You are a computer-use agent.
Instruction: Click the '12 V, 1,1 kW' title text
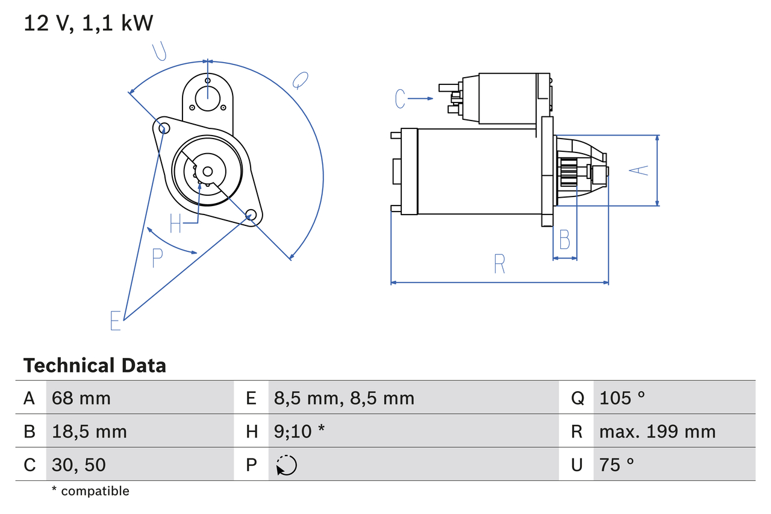tap(88, 24)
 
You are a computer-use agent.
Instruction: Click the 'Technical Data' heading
tap(95, 365)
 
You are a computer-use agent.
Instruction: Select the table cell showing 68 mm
tap(81, 398)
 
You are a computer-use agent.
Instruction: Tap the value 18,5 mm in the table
tap(89, 431)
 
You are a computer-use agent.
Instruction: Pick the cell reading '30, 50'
tap(79, 465)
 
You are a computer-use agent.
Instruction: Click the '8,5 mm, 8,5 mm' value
tap(344, 398)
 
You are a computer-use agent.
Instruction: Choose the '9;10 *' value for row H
tap(299, 431)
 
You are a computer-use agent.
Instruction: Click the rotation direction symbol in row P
tap(286, 465)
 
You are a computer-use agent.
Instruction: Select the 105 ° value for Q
tap(622, 398)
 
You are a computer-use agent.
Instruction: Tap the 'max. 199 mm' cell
tap(657, 431)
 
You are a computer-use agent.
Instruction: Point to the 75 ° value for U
tap(617, 465)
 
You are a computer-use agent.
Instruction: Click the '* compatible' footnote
tap(90, 491)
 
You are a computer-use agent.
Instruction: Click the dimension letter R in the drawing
tap(499, 264)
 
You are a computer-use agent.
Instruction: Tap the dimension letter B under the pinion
tap(564, 240)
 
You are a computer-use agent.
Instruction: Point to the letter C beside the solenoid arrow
tap(401, 98)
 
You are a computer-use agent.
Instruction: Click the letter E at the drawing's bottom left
tap(116, 321)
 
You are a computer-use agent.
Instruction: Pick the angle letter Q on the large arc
tap(300, 80)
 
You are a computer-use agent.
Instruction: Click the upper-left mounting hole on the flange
tap(161, 127)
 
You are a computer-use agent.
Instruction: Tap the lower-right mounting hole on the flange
tap(251, 214)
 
